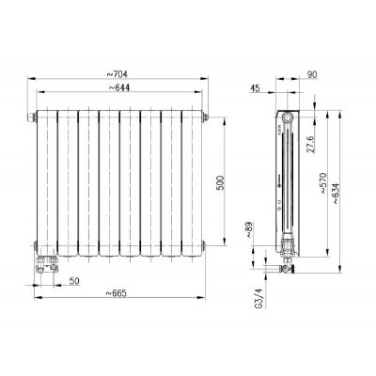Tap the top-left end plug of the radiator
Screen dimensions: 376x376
32,118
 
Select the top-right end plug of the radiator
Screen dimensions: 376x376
201,118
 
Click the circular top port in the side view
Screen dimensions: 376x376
288,117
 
